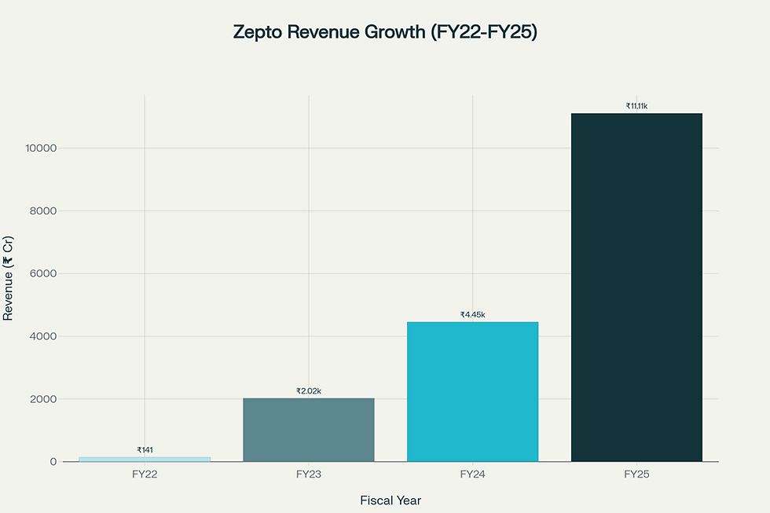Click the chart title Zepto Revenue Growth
(x=385, y=32)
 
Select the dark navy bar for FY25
(x=636, y=288)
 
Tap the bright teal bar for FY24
(x=472, y=391)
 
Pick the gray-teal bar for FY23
(x=309, y=430)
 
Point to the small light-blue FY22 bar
(x=145, y=459)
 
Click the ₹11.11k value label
(x=636, y=106)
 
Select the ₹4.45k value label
(x=472, y=315)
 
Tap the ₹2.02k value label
(x=309, y=391)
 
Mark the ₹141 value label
(x=145, y=450)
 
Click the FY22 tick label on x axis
(x=145, y=475)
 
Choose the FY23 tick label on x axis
(x=309, y=475)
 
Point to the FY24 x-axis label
(x=472, y=475)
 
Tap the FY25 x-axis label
(x=636, y=475)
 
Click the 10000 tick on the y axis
(x=41, y=148)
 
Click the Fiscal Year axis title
(x=390, y=500)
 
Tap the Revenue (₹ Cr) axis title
(x=9, y=278)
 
